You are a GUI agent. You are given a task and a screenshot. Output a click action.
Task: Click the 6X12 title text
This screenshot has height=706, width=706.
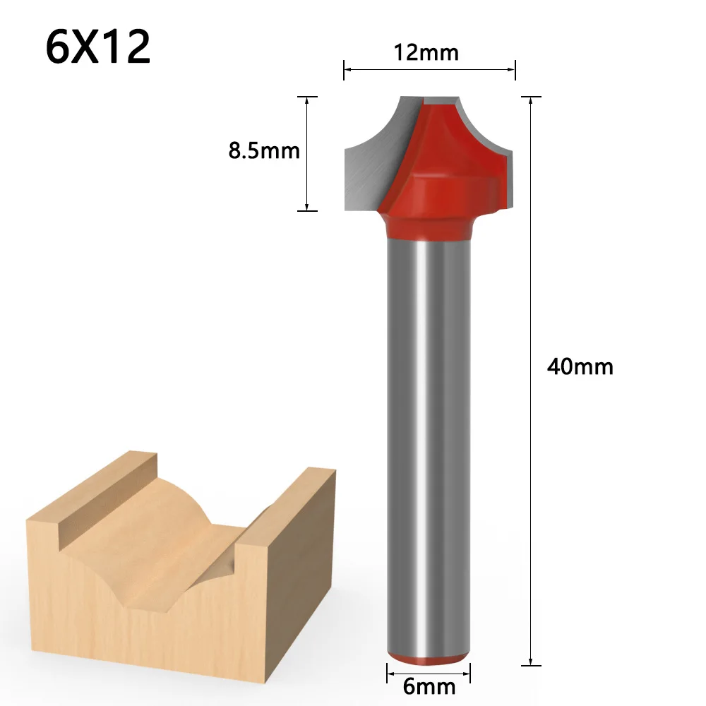98,47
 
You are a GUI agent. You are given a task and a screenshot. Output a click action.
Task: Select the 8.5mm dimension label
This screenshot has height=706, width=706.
264,150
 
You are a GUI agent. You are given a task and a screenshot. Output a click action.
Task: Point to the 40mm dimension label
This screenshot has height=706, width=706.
580,366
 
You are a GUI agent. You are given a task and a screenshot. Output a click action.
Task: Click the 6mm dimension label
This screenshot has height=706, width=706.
429,686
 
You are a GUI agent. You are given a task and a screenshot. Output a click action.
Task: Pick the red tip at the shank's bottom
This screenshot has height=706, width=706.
429,657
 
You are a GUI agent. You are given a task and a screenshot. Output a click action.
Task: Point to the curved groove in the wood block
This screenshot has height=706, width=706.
176,537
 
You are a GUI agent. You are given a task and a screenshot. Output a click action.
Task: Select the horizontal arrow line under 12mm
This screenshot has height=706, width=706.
430,69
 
